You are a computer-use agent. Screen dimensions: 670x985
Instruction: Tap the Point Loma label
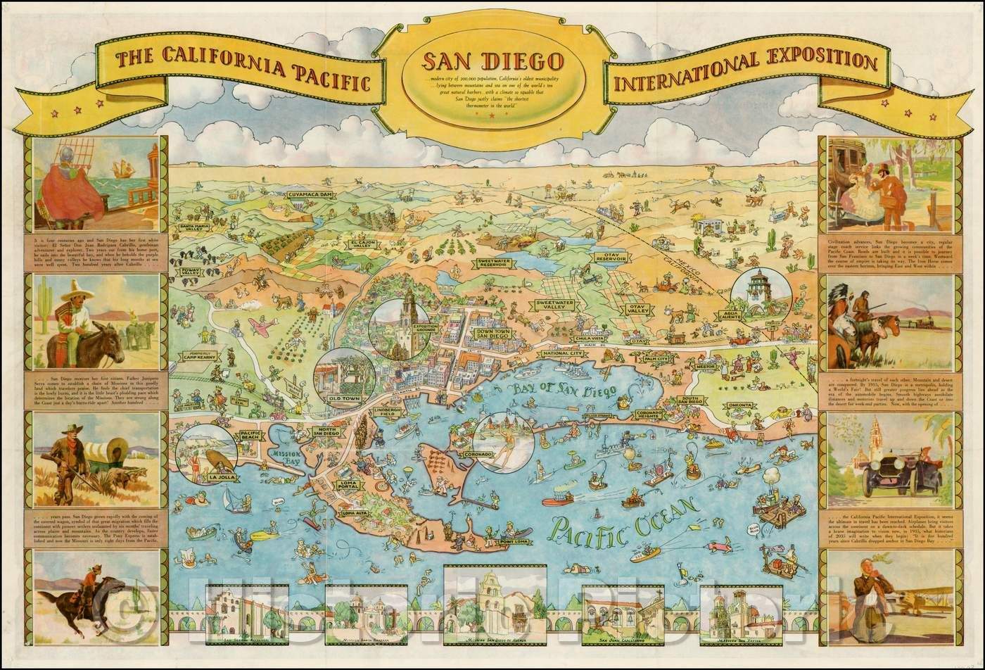[515, 541]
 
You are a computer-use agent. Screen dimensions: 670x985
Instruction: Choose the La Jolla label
[220, 478]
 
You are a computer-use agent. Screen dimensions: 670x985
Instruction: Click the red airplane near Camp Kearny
[262, 326]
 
